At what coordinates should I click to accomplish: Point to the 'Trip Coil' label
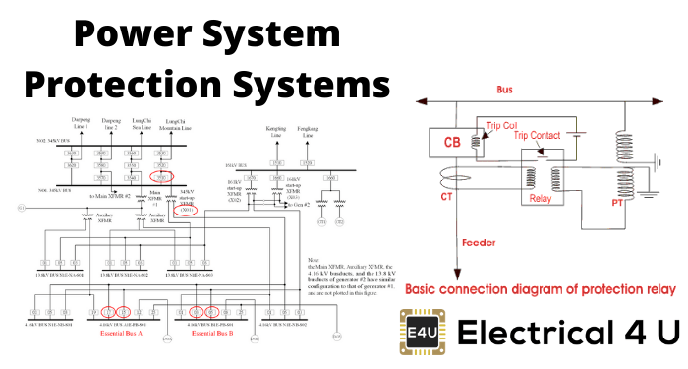point(508,125)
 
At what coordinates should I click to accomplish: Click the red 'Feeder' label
point(479,238)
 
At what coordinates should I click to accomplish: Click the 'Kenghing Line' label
point(275,133)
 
